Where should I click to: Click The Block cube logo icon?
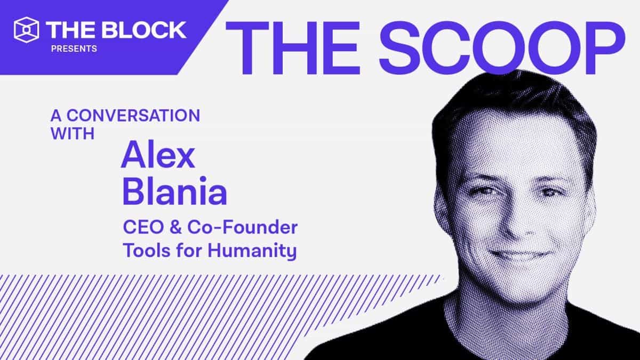[x=27, y=29]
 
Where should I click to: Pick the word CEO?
[x=140, y=228]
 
